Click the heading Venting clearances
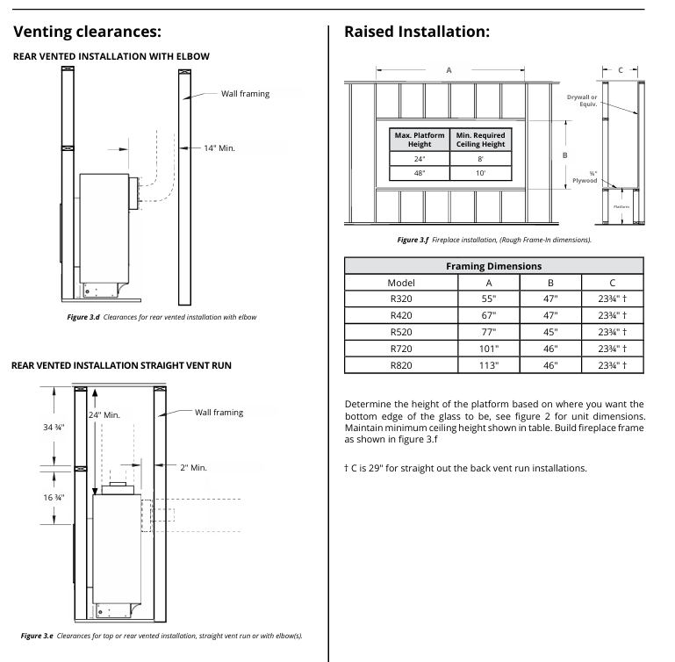(x=87, y=32)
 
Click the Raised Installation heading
(x=417, y=32)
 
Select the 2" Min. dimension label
(x=193, y=468)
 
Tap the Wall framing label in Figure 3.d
(x=245, y=94)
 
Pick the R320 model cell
(x=400, y=299)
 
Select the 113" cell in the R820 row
(x=488, y=364)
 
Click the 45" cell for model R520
(x=550, y=332)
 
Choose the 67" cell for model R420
(x=488, y=316)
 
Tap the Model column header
(x=400, y=283)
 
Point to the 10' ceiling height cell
(x=480, y=173)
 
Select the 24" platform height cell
(x=420, y=158)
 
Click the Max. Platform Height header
(x=420, y=140)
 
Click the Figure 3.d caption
(x=162, y=316)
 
